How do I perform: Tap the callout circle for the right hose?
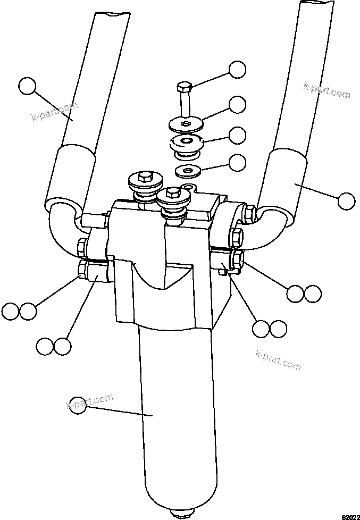tap(346, 201)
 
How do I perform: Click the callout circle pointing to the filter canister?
tap(78, 404)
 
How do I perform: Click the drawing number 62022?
tap(349, 516)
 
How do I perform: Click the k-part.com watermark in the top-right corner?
tap(326, 90)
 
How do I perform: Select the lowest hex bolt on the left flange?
tap(85, 269)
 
